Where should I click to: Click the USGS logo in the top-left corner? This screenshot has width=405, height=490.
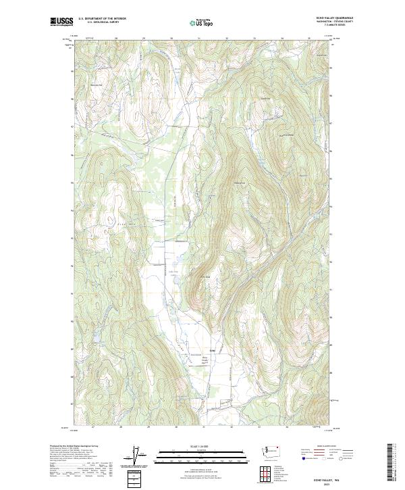pyautogui.click(x=61, y=22)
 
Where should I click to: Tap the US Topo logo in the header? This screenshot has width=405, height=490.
pyautogui.click(x=202, y=22)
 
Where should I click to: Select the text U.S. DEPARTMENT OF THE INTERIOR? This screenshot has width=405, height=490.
pyautogui.click(x=103, y=19)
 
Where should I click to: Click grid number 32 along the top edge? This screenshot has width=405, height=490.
pyautogui.click(x=226, y=39)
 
